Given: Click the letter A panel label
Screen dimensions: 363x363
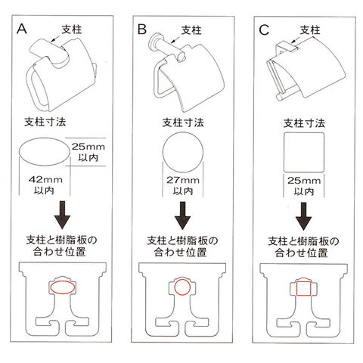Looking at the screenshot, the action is point(22,29).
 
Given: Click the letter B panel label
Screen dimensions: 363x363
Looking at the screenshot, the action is point(142,29).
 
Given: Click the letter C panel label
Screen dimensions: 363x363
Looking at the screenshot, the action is point(264,30).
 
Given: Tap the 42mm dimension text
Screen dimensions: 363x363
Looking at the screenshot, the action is point(45,180).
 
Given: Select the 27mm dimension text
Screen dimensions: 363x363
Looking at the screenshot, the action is point(183,180).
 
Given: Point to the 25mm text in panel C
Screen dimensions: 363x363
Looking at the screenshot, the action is point(304,181).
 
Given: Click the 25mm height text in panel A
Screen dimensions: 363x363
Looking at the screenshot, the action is point(88,147).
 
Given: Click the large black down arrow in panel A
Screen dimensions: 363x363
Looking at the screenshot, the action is point(62,215).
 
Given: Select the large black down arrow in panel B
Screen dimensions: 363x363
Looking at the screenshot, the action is point(183,216).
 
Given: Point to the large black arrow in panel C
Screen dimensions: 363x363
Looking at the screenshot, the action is point(303,216).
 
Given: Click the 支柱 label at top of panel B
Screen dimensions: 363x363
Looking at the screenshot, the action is point(191,30).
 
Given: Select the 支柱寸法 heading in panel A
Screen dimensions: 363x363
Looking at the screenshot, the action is point(45,122).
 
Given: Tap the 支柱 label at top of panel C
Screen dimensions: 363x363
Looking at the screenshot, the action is point(310,30).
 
